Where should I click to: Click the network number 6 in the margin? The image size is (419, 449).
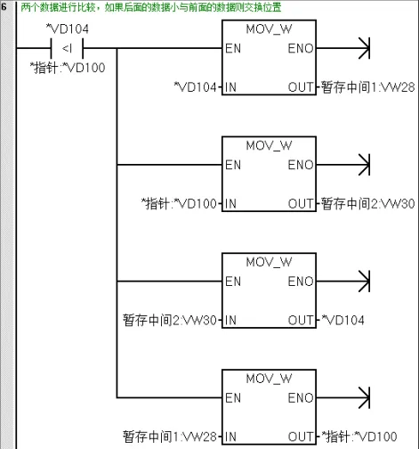point(4,7)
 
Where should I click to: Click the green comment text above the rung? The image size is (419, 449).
point(151,7)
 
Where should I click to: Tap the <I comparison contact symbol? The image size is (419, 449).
point(67,48)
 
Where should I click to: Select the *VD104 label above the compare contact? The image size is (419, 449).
point(68,29)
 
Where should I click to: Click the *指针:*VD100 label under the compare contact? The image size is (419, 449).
point(68,68)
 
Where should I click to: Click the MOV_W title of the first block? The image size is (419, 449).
point(269,29)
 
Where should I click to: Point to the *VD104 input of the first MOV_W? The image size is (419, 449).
point(195,87)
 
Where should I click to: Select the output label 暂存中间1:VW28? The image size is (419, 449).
point(367,87)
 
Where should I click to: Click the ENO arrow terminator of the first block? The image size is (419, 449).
point(365,48)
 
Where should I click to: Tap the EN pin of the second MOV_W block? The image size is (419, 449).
point(233,165)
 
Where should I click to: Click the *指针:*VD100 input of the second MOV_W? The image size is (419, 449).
point(179,204)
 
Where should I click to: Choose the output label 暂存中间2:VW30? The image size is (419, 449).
point(367,204)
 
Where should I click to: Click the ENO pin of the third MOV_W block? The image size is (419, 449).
point(301,282)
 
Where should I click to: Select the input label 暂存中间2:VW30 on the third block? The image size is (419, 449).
point(170,320)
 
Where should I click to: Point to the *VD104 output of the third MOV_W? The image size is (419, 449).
point(343,320)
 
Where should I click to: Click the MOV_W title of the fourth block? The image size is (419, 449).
point(269,379)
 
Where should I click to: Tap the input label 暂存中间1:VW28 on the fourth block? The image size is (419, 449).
point(170,437)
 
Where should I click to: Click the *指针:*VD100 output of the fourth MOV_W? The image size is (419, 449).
point(359,437)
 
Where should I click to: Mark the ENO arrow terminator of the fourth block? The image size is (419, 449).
point(365,397)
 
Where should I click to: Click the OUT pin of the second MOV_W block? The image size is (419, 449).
point(301,204)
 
